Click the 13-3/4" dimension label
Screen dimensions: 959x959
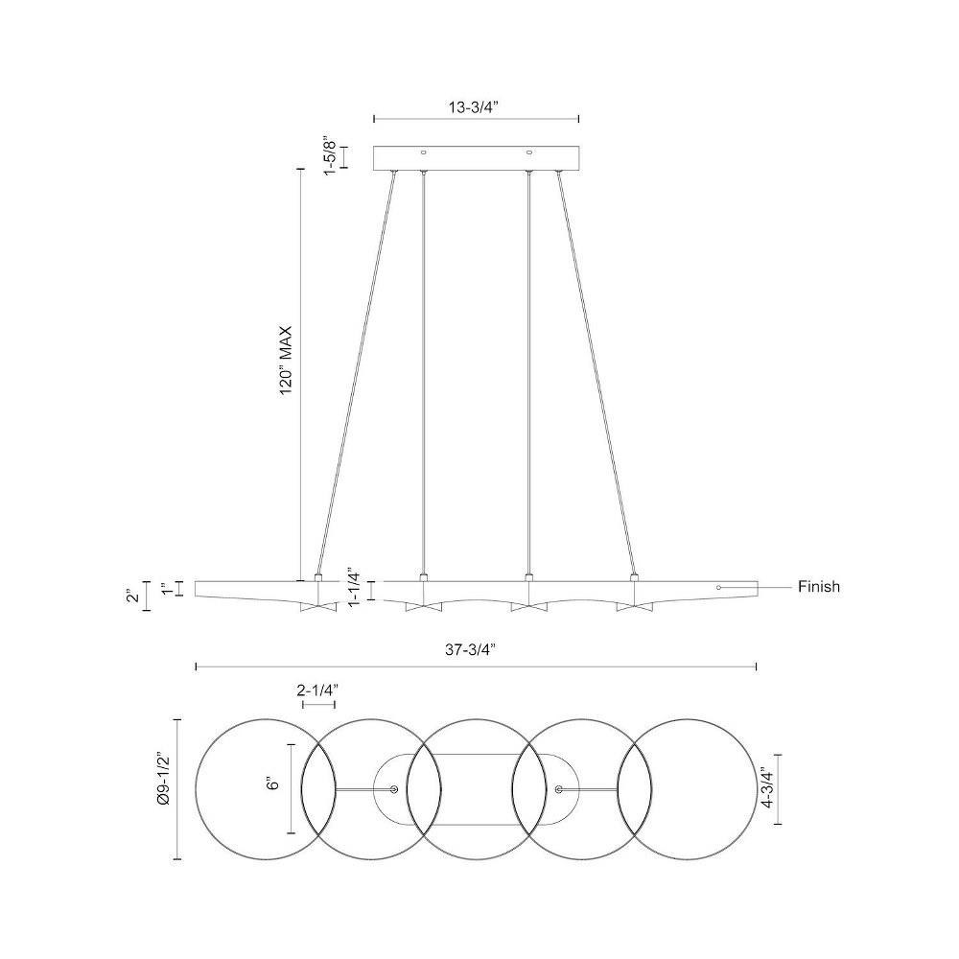(474, 107)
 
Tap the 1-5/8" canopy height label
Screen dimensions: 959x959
(330, 156)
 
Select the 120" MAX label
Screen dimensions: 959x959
(286, 362)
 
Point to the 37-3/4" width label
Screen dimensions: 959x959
(470, 650)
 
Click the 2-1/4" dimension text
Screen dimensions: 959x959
(318, 690)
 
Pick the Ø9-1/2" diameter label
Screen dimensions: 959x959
(164, 789)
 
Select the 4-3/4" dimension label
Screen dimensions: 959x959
(767, 789)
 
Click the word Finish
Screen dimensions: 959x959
(819, 587)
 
